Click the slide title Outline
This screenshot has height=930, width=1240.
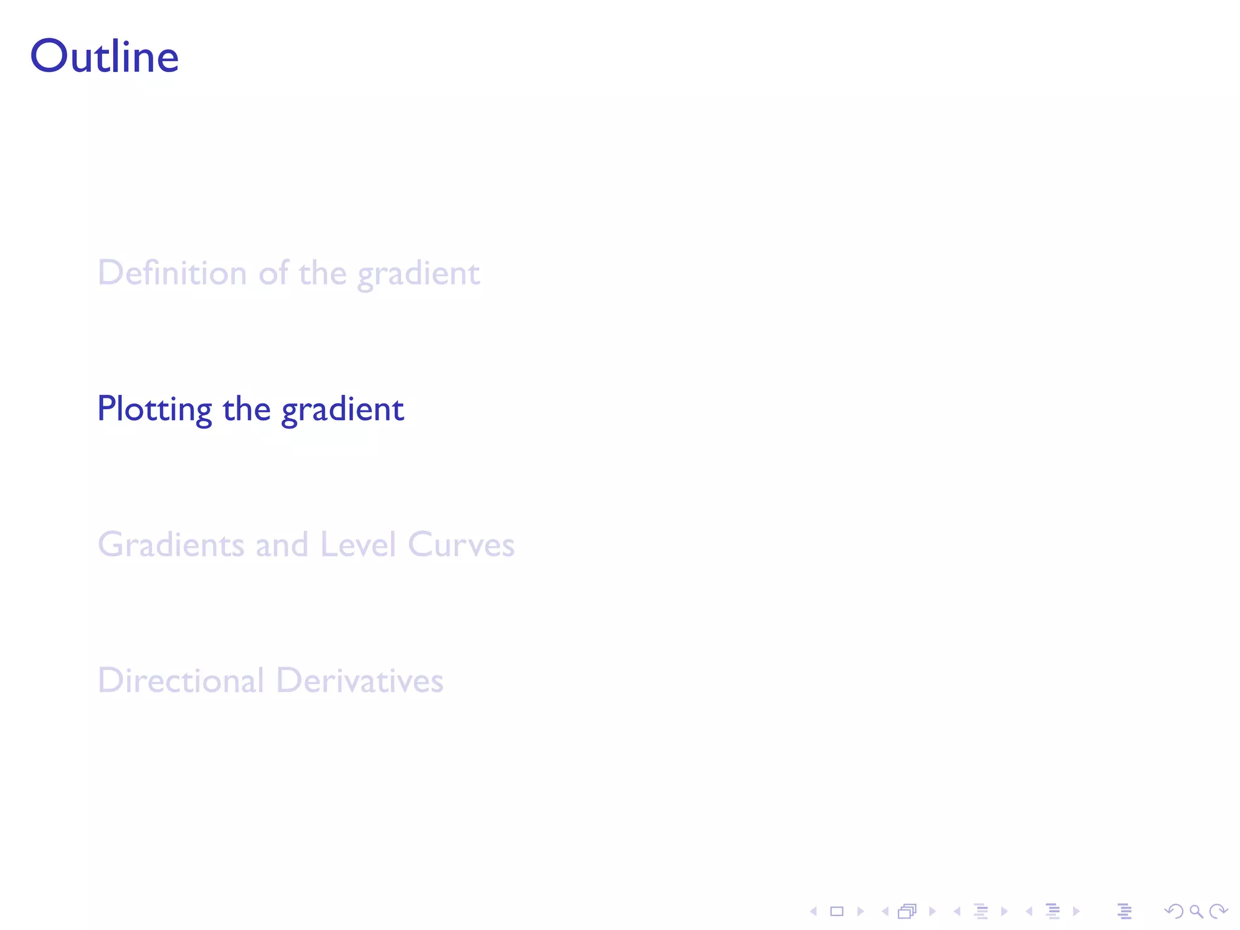coord(104,57)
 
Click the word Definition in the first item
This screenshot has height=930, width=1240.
coord(172,273)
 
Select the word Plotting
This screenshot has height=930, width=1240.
coord(154,409)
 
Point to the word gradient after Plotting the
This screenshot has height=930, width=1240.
coord(343,410)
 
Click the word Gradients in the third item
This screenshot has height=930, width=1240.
coord(171,544)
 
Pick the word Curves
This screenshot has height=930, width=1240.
coord(461,544)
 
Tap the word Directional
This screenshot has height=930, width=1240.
coord(181,681)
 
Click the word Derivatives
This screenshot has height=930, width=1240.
coord(360,681)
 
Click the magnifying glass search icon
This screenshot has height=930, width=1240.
coord(1196,911)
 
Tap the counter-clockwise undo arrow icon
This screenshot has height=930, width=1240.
coord(1173,911)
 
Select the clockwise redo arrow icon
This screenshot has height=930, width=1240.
coord(1218,911)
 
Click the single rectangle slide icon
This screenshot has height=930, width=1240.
coord(837,911)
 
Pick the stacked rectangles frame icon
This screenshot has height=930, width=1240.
coord(907,911)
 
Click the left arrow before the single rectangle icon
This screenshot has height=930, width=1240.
coord(814,911)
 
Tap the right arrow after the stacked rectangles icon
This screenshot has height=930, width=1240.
coord(932,911)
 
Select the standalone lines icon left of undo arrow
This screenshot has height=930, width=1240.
coord(1124,911)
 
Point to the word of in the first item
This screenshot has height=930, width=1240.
coord(273,273)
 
